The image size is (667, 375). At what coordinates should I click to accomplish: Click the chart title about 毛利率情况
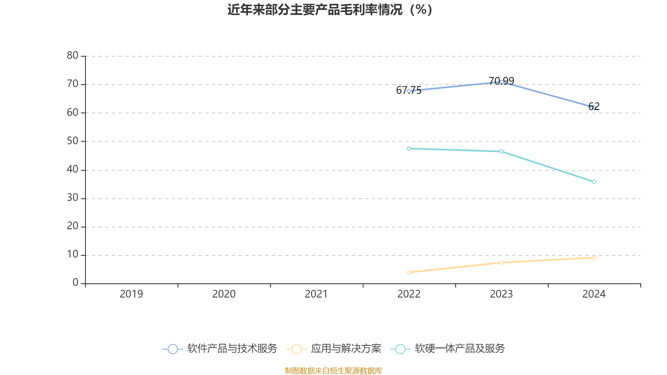click(x=330, y=10)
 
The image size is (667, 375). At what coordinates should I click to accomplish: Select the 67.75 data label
click(x=409, y=90)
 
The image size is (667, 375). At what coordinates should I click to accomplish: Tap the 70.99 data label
click(x=501, y=81)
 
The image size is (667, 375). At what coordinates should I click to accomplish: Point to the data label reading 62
click(x=594, y=107)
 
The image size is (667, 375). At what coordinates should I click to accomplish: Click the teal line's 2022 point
click(x=409, y=149)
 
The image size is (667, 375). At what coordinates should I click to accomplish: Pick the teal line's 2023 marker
click(x=501, y=152)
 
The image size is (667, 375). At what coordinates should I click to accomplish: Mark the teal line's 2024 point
click(x=594, y=182)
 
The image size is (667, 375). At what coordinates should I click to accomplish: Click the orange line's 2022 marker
click(x=409, y=272)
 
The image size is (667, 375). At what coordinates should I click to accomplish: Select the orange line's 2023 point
click(x=501, y=262)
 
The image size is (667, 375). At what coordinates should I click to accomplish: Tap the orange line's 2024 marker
click(x=594, y=257)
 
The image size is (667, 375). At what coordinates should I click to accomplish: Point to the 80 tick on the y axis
click(x=73, y=55)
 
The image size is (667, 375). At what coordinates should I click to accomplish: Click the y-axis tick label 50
click(x=73, y=141)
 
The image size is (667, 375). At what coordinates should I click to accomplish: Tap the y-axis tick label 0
click(x=75, y=283)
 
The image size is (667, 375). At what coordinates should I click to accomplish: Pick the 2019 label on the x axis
click(x=131, y=294)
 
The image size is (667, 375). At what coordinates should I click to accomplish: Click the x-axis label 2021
click(x=316, y=294)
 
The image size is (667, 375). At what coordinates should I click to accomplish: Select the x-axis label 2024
click(x=594, y=294)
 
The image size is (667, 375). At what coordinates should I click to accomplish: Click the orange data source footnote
click(x=333, y=370)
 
